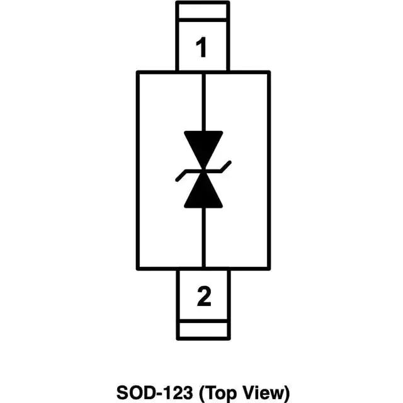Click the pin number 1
[x=202, y=47]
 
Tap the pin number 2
[x=203, y=296]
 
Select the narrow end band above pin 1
[x=203, y=12]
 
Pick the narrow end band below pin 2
[x=203, y=329]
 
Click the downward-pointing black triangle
[x=203, y=144]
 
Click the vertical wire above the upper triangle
[x=203, y=101]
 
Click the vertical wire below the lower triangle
[x=203, y=239]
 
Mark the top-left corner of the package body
[x=138, y=72]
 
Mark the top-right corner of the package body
[x=269, y=72]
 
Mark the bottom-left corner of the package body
[x=138, y=268]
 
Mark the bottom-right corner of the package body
[x=269, y=268]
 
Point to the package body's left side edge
[x=138, y=170]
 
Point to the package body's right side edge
[x=269, y=170]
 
